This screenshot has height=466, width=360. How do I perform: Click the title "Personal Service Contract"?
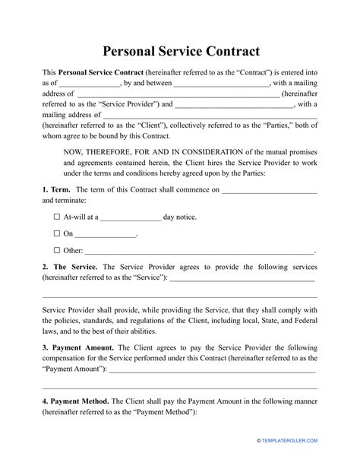[179, 52]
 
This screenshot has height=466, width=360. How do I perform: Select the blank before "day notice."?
[130, 219]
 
